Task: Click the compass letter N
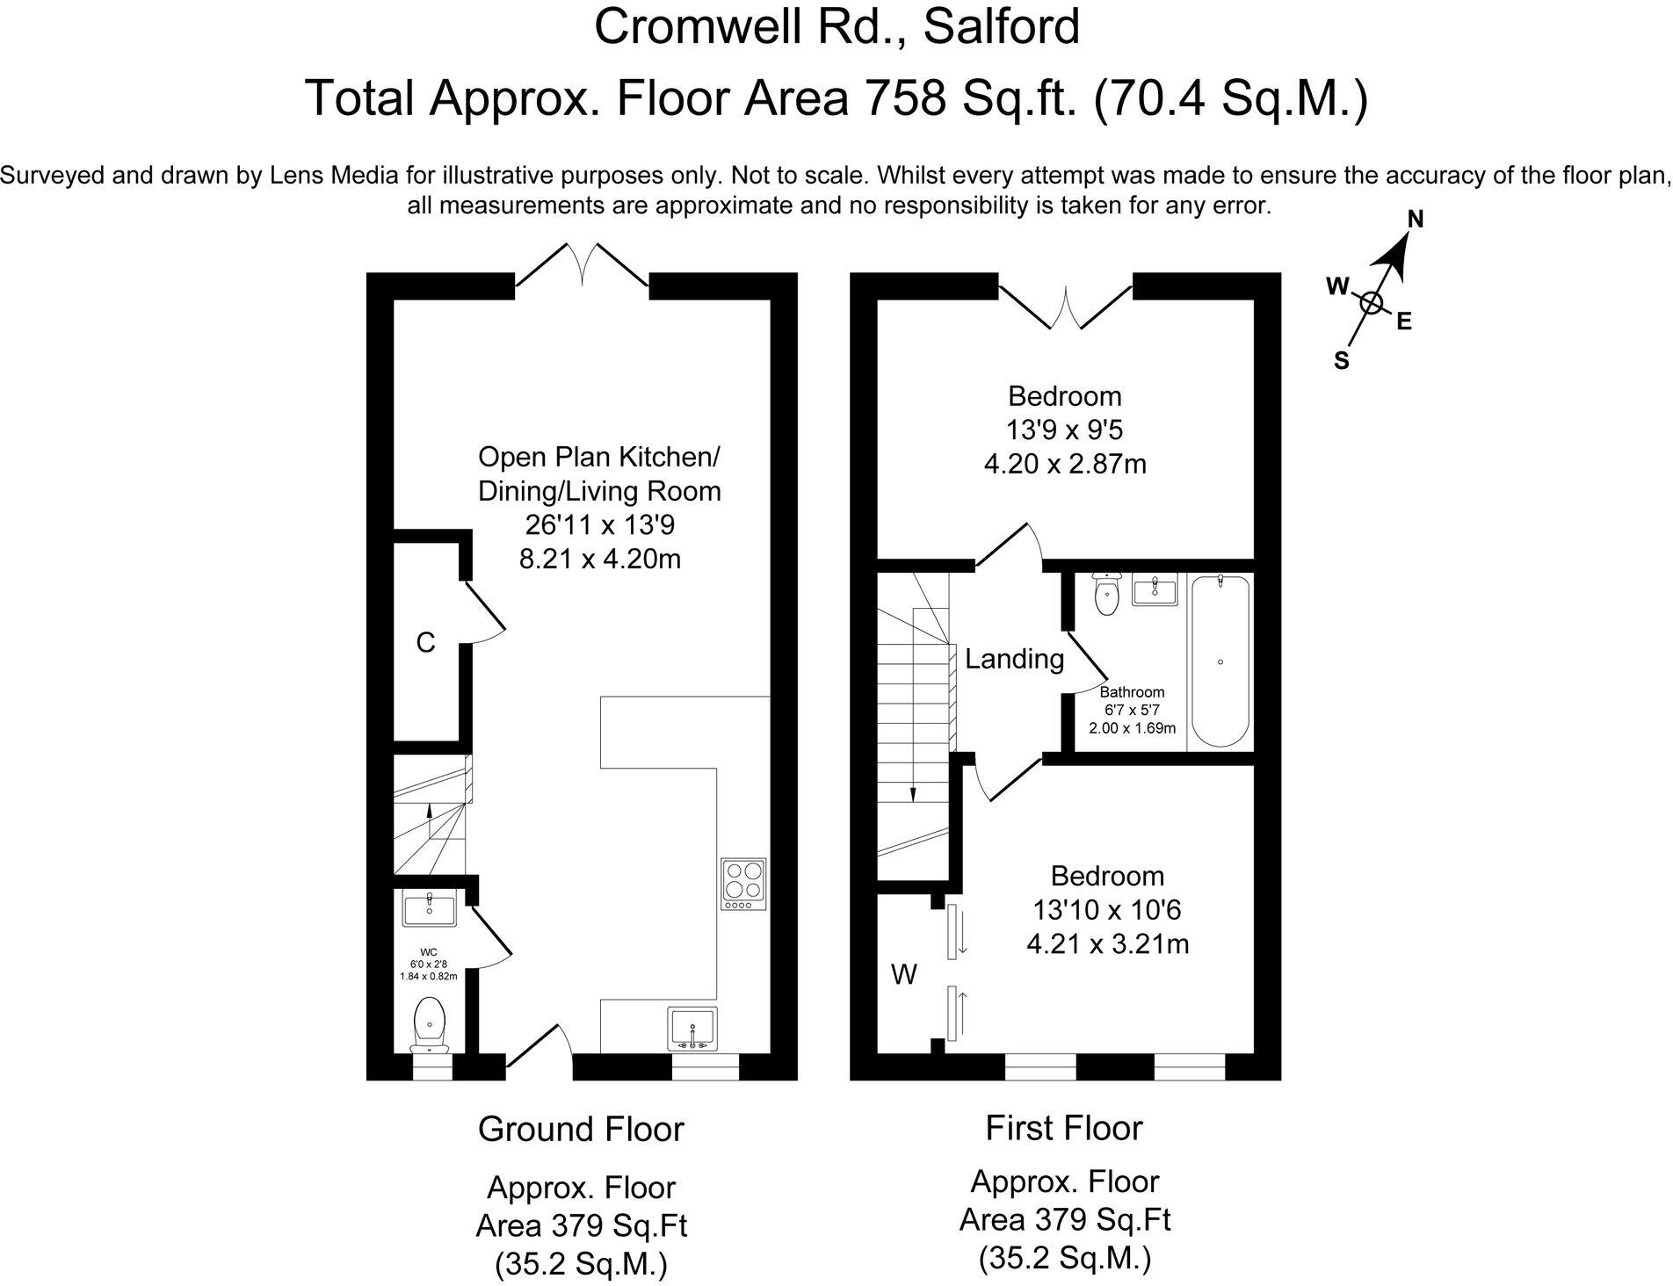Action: click(x=1416, y=219)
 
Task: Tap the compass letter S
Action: click(x=1342, y=360)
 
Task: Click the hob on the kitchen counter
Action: click(x=743, y=884)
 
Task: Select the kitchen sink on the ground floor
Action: click(x=693, y=1029)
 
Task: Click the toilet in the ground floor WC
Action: click(x=430, y=1024)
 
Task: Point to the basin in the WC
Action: click(x=429, y=908)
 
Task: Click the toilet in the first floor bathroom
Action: click(x=1106, y=594)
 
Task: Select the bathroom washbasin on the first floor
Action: click(x=1155, y=590)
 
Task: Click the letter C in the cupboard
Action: click(x=425, y=643)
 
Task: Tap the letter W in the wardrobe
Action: click(x=904, y=974)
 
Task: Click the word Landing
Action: click(x=1014, y=659)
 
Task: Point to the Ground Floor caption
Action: click(x=581, y=1129)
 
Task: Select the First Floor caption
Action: click(x=1063, y=1128)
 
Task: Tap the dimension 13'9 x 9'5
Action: click(x=1065, y=430)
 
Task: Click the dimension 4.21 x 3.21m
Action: click(x=1108, y=944)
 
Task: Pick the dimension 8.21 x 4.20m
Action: click(x=600, y=559)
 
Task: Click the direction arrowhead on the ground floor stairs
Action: click(x=429, y=809)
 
